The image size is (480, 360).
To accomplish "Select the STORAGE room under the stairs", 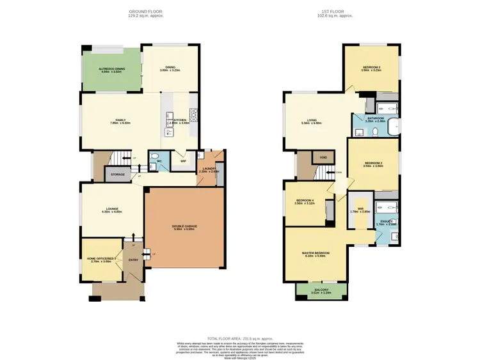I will pyautogui.click(x=118, y=174).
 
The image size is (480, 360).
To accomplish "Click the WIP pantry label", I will pyautogui.click(x=184, y=160).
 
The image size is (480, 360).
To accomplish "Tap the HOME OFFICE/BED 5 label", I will pyautogui.click(x=102, y=258).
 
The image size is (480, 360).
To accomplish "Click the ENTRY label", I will pyautogui.click(x=133, y=260).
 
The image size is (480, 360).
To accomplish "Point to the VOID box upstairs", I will pyautogui.click(x=323, y=157).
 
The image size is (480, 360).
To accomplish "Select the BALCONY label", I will pyautogui.click(x=321, y=290).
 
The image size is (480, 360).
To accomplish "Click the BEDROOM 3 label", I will pyautogui.click(x=371, y=67).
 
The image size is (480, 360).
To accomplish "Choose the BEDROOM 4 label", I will pyautogui.click(x=303, y=201).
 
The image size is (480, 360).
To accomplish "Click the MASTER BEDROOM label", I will pyautogui.click(x=316, y=253).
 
